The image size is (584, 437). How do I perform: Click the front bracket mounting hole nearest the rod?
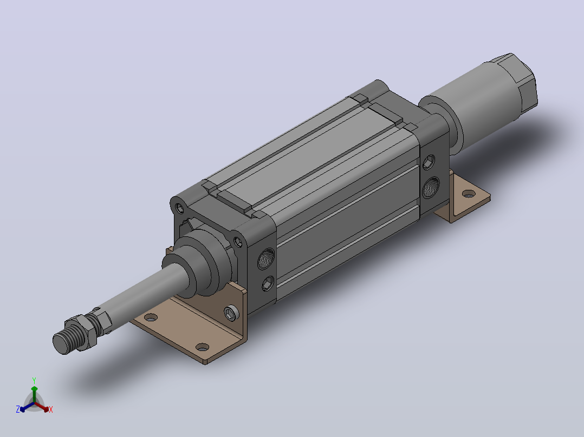[x=151, y=317]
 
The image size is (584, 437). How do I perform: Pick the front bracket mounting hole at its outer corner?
[x=202, y=347]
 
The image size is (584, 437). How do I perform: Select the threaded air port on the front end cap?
[x=266, y=259]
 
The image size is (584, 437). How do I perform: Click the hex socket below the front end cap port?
[x=267, y=284]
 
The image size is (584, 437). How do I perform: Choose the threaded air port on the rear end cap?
[x=431, y=188]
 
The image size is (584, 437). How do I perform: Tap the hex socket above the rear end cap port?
[x=429, y=162]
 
